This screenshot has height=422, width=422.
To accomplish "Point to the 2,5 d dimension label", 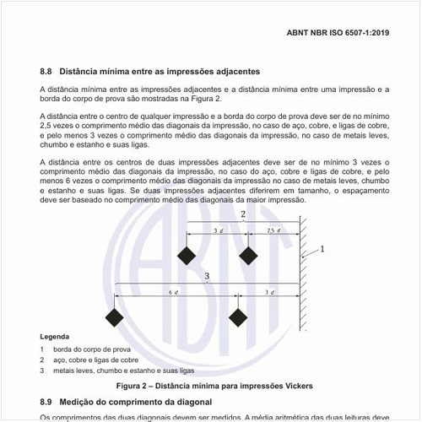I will [x=273, y=230].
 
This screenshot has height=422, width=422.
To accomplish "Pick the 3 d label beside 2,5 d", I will [x=218, y=230].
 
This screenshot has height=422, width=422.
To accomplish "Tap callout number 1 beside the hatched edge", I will [x=322, y=250].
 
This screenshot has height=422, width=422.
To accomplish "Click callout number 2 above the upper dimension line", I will [x=243, y=216].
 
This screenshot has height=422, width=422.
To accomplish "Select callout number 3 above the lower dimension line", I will [x=207, y=276].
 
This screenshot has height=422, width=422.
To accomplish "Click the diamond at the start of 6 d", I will [x=114, y=317].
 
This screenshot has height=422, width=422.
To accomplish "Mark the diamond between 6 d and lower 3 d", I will [x=238, y=317].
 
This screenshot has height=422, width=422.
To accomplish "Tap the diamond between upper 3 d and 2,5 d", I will [x=247, y=254].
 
